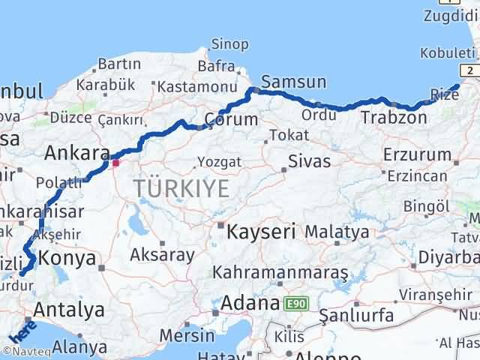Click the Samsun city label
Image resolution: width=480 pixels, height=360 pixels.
(293, 82)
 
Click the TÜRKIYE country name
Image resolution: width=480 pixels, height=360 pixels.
(182, 189)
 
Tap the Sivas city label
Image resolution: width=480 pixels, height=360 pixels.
(310, 160)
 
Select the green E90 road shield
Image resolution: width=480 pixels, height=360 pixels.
(296, 304)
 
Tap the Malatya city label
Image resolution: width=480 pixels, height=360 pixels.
(337, 232)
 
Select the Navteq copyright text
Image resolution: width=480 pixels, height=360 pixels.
(25, 351)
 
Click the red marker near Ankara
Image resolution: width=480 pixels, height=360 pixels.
(115, 161)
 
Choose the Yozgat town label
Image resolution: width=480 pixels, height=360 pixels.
(219, 161)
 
